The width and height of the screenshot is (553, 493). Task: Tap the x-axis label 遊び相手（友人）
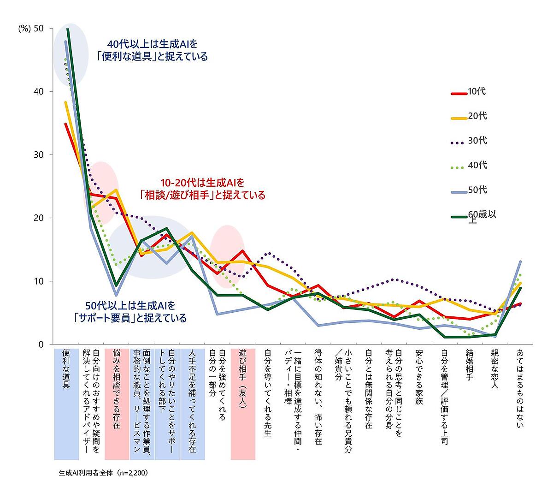[243, 378]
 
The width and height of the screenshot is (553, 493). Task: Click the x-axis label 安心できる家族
[419, 376]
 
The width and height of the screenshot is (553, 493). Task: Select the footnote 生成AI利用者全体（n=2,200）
[103, 473]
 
